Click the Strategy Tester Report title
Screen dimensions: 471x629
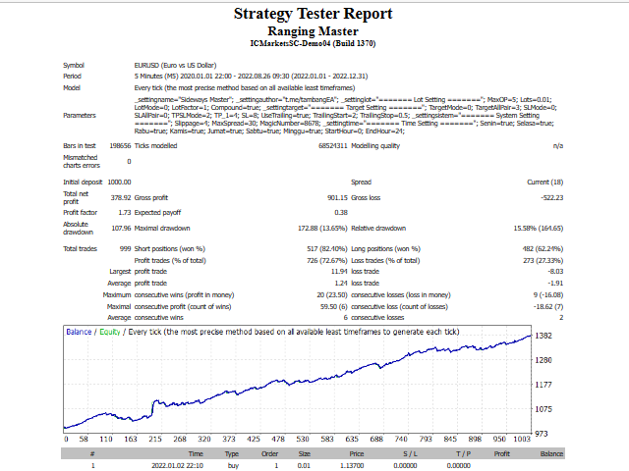click(x=313, y=14)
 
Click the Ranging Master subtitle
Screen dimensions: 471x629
click(x=313, y=30)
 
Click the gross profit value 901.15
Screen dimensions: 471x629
click(x=334, y=197)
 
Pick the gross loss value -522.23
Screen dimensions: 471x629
click(x=543, y=197)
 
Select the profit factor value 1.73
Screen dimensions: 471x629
click(x=124, y=212)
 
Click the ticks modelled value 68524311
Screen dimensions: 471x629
click(x=332, y=145)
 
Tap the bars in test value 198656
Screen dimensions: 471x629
click(x=119, y=145)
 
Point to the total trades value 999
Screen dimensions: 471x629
click(x=124, y=248)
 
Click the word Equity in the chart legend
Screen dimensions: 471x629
click(x=109, y=332)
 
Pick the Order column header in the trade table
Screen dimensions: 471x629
click(x=268, y=454)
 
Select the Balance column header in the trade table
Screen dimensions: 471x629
click(x=551, y=454)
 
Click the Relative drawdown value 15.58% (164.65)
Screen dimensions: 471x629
click(x=534, y=228)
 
